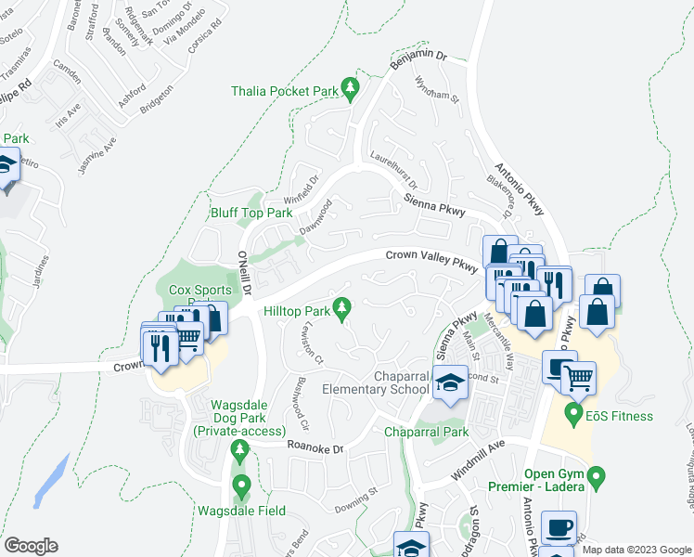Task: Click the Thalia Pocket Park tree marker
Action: [350, 89]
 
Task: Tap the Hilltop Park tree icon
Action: [342, 306]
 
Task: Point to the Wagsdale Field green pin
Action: [241, 485]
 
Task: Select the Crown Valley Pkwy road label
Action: [431, 261]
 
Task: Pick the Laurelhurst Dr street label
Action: [394, 169]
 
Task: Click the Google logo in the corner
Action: [31, 546]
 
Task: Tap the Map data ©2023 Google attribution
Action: [636, 550]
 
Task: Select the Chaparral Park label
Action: [428, 432]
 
